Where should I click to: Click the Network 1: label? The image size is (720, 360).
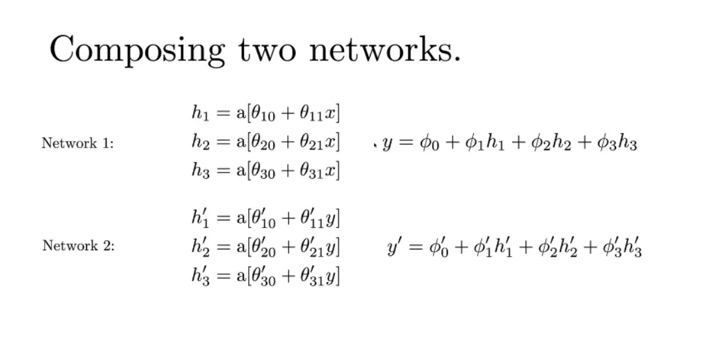tap(77, 143)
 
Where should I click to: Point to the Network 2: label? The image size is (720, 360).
tap(78, 246)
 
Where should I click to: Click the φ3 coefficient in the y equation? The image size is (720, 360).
tap(603, 144)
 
